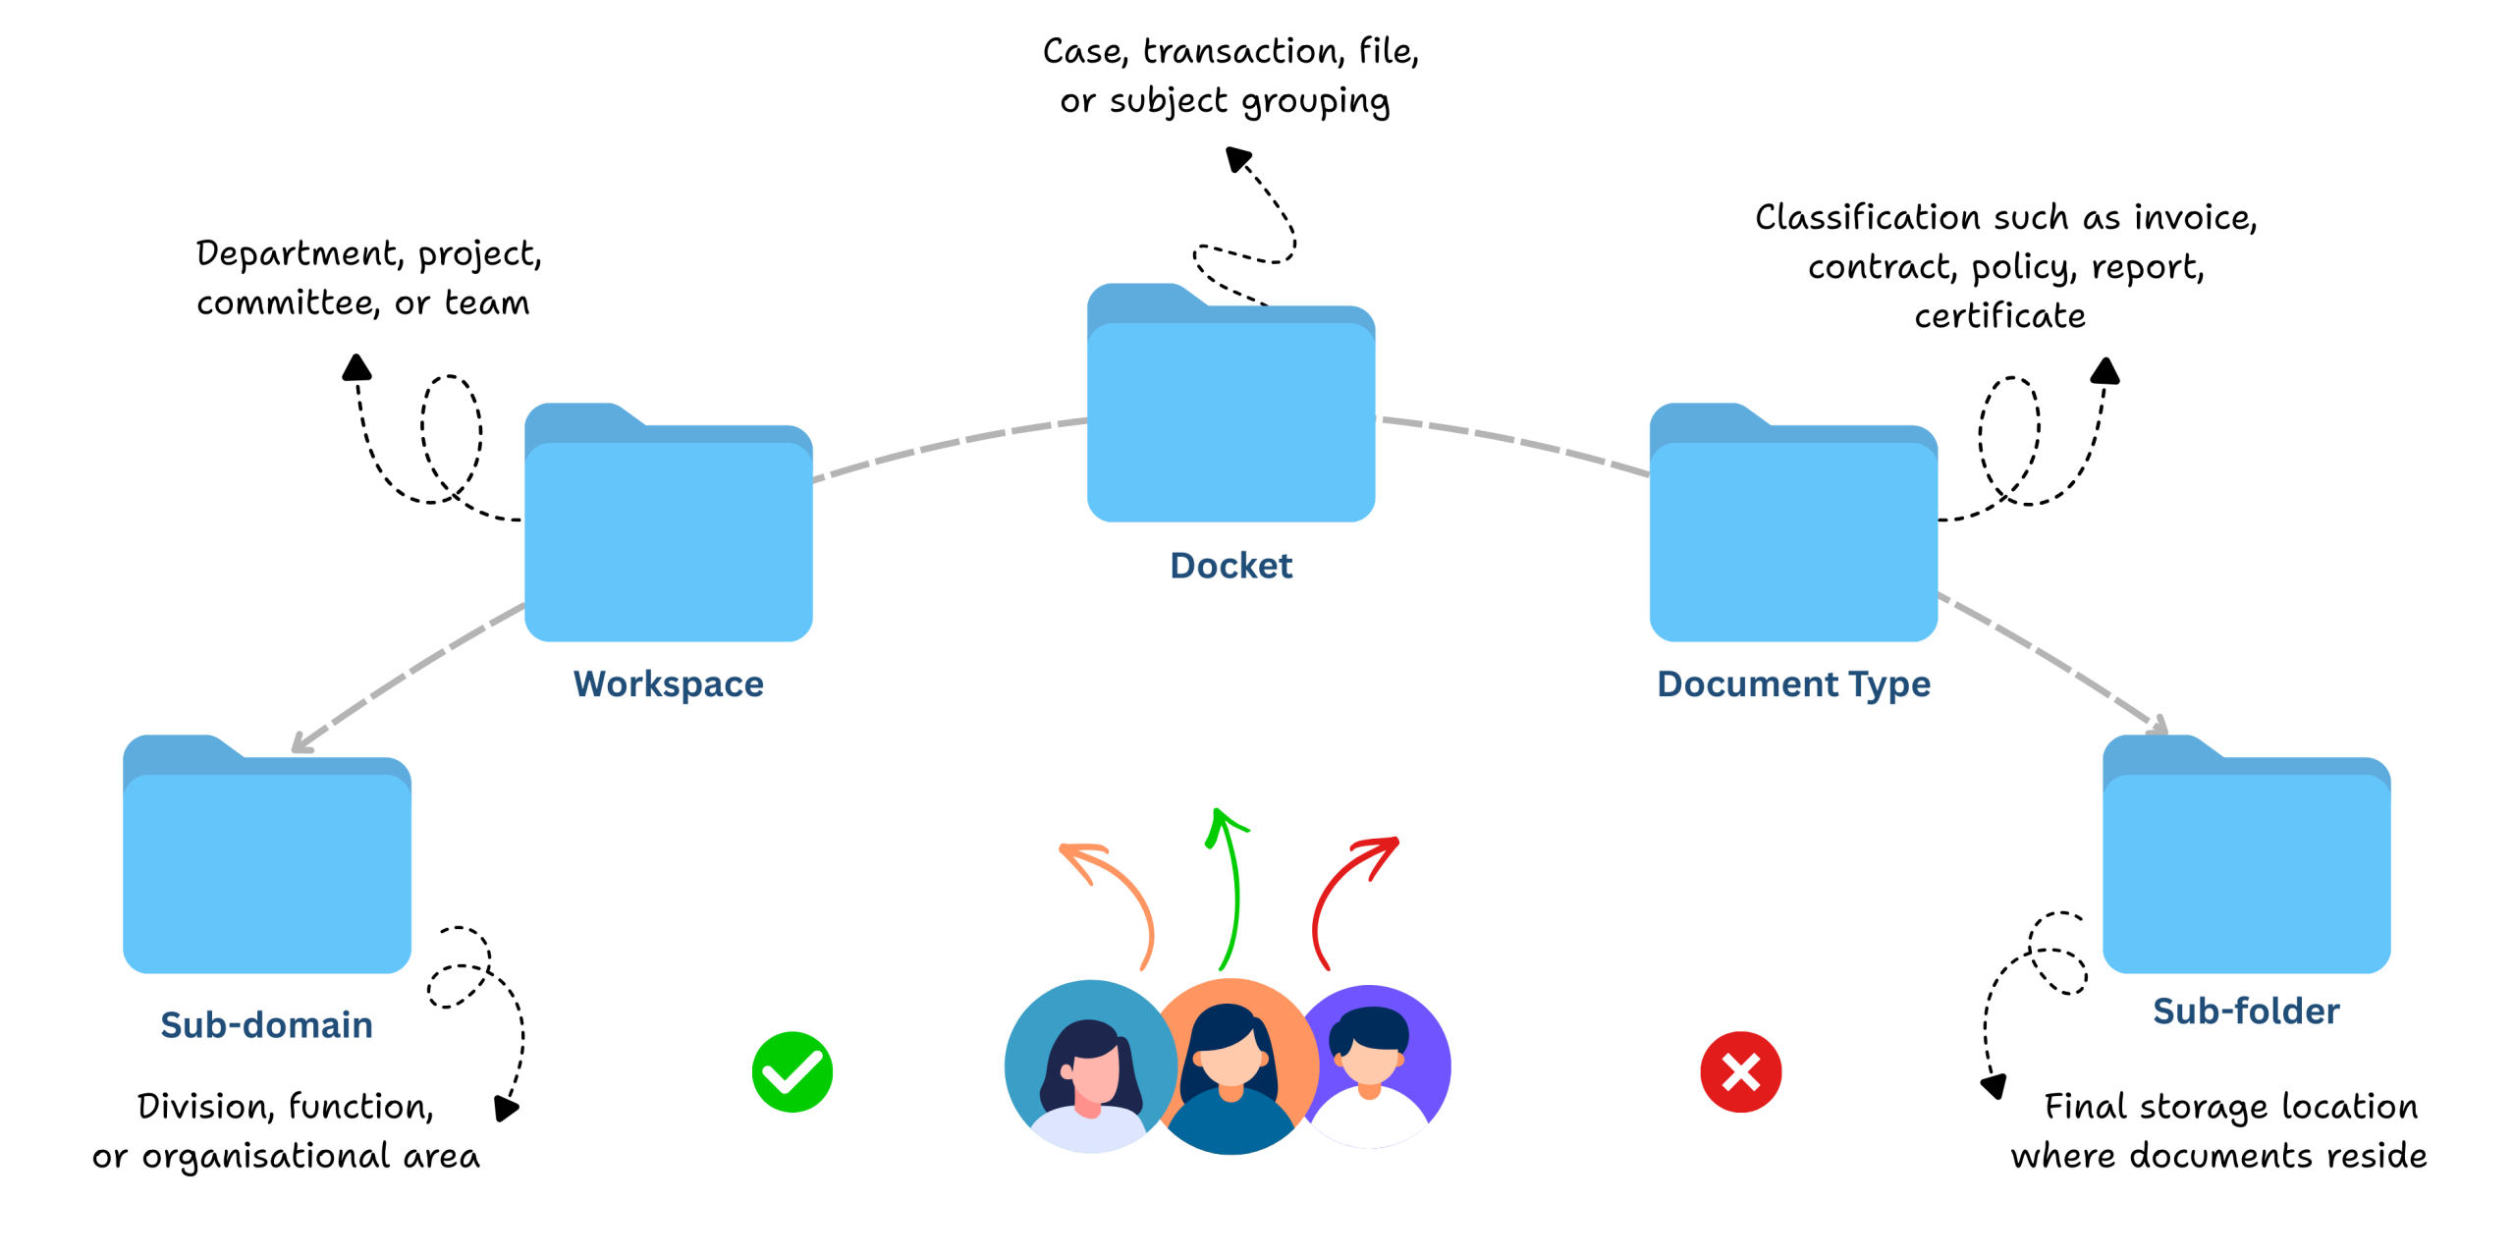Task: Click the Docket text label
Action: [1230, 566]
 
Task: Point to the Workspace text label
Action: [668, 684]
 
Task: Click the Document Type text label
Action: [1793, 684]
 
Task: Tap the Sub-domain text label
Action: [266, 1025]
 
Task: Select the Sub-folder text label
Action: [2246, 1011]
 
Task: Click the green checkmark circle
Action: [792, 1072]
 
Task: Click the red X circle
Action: [1741, 1072]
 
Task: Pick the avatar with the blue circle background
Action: [1085, 1066]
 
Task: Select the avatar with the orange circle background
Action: [1235, 1066]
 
